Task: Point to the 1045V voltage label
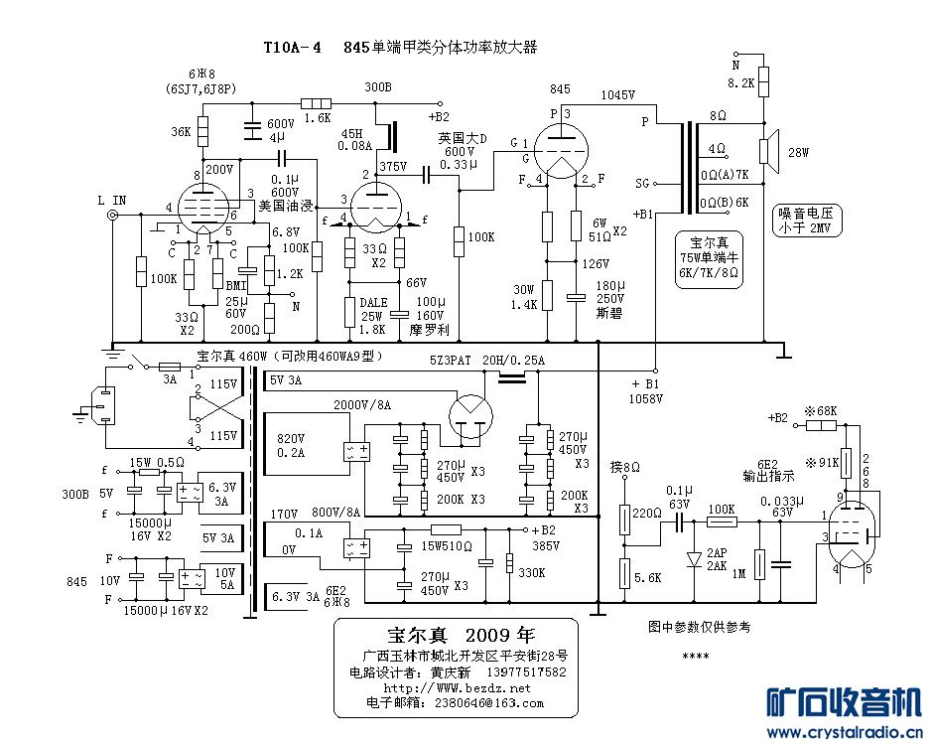click(x=617, y=94)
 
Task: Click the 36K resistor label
click(x=181, y=131)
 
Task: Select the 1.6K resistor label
click(x=318, y=117)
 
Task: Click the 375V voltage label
click(x=393, y=166)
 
